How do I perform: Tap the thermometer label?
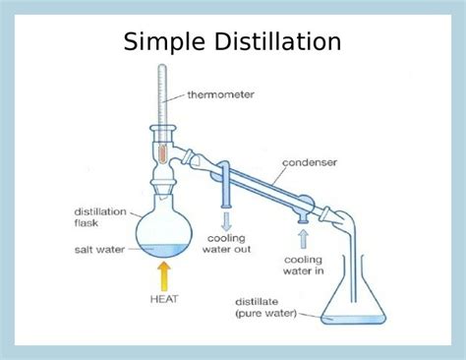tap(220, 95)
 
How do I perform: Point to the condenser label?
tap(310, 161)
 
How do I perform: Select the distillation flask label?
tap(96, 216)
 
